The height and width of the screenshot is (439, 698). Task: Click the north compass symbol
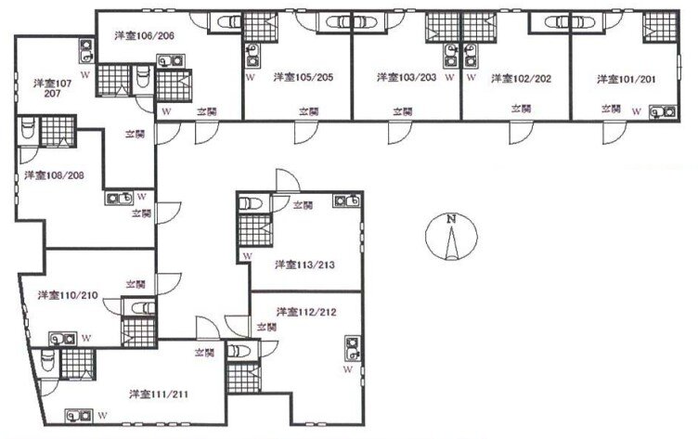[x=451, y=237]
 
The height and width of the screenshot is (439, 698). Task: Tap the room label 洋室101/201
[x=626, y=79]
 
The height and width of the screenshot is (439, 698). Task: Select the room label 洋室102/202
[x=521, y=79]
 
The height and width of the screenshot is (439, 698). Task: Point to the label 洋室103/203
[x=407, y=77]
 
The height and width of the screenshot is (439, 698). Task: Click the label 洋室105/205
[x=304, y=77]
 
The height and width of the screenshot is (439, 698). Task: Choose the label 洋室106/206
[x=144, y=35]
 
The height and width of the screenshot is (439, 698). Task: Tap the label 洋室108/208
[x=55, y=175]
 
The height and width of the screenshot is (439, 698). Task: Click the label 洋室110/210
[x=68, y=295]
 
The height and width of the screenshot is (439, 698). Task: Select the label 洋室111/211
[x=159, y=394]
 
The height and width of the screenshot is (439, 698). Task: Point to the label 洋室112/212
[x=306, y=312]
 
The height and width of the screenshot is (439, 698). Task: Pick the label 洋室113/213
[x=305, y=265]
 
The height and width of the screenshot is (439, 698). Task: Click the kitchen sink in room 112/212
[x=353, y=348]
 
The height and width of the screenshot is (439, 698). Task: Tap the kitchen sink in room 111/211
[x=79, y=416]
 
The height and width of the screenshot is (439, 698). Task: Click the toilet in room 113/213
[x=250, y=203]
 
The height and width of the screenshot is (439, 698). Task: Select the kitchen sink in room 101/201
[x=663, y=112]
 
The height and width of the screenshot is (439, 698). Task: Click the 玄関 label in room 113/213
[x=304, y=205]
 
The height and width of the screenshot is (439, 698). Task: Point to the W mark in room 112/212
[x=348, y=369]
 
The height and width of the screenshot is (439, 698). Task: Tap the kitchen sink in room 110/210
[x=62, y=339]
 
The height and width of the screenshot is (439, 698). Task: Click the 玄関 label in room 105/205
[x=308, y=111]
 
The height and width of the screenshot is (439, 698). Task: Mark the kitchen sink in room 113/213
[x=347, y=200]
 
